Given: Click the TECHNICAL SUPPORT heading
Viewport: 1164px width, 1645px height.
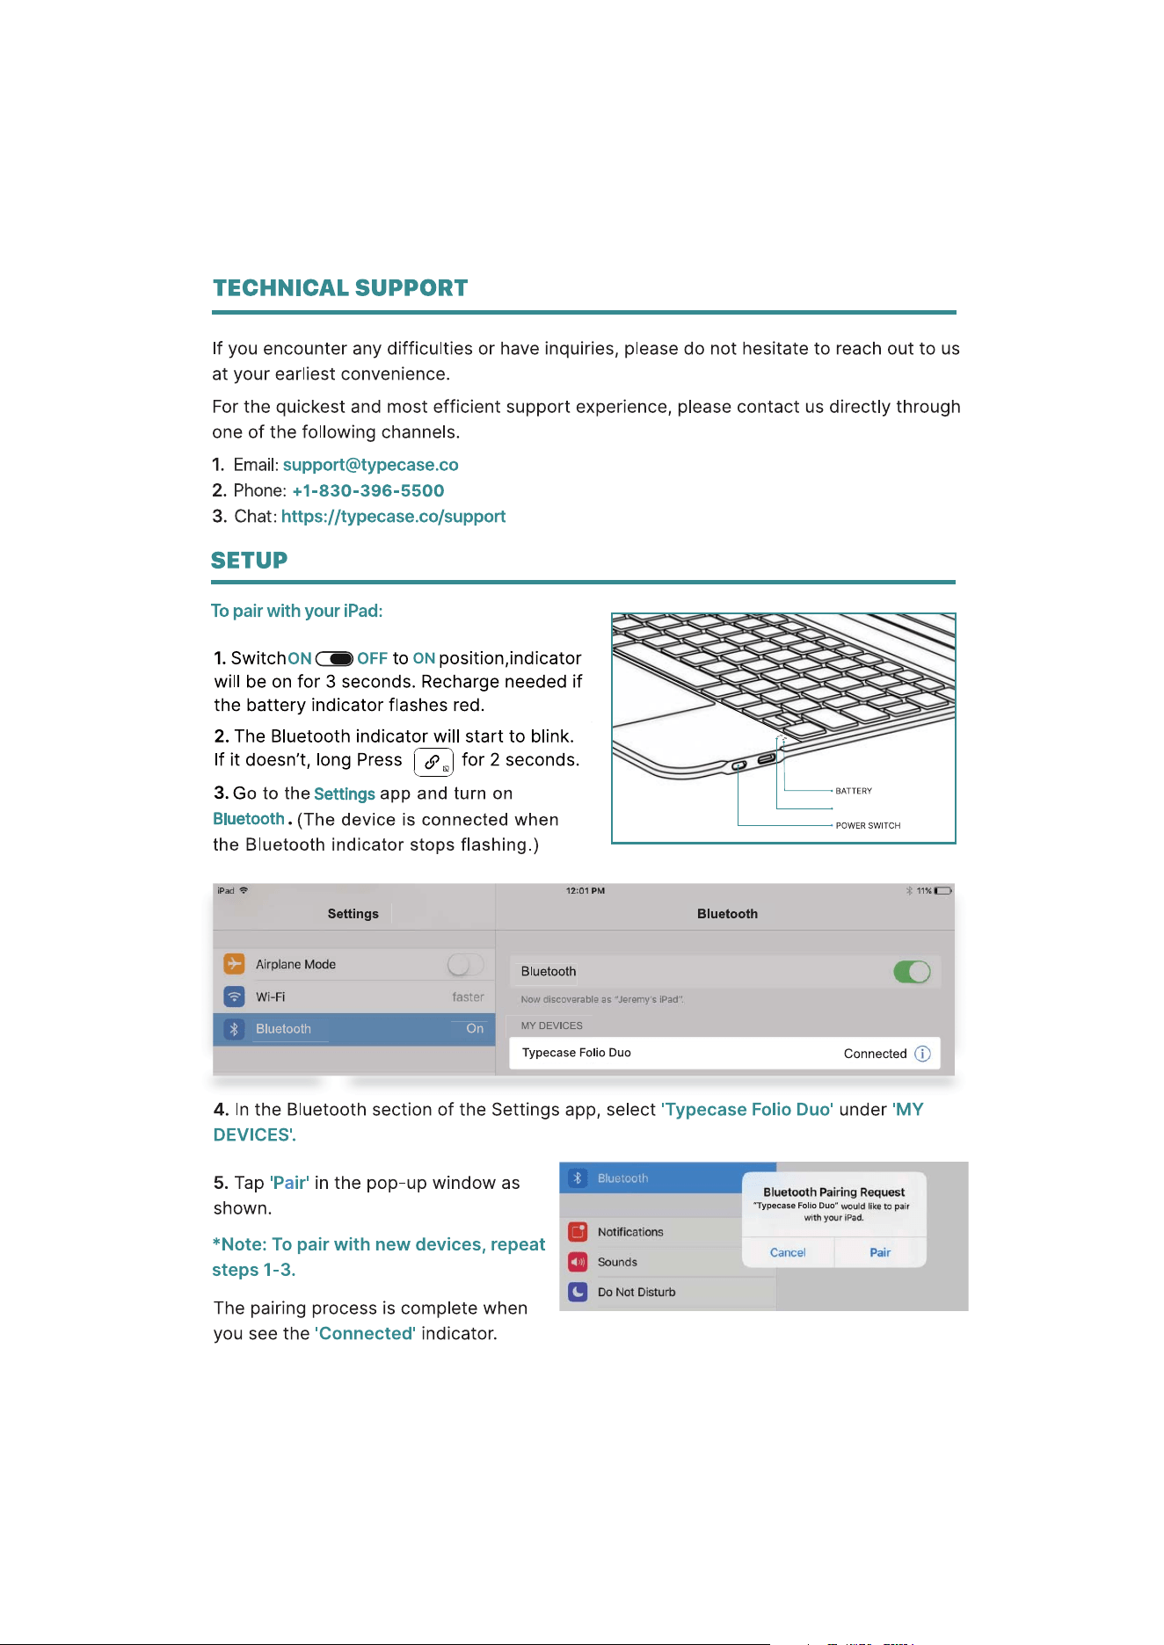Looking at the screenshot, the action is pyautogui.click(x=340, y=288).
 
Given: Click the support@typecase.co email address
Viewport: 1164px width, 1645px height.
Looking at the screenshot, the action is pyautogui.click(x=370, y=465).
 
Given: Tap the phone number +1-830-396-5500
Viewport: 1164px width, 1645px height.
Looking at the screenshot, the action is pyautogui.click(x=367, y=490).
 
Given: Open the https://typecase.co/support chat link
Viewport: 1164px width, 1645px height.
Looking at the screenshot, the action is pyautogui.click(x=393, y=517).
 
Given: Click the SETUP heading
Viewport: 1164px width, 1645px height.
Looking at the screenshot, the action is pyautogui.click(x=249, y=561).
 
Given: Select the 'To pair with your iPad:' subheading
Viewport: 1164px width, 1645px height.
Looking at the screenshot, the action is pyautogui.click(x=297, y=611).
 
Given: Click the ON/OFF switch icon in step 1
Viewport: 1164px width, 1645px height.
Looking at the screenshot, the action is pyautogui.click(x=334, y=659).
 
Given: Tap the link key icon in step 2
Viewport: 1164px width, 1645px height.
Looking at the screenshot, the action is pyautogui.click(x=433, y=762).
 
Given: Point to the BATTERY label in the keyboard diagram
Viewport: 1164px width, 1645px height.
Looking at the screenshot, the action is pyautogui.click(x=854, y=791).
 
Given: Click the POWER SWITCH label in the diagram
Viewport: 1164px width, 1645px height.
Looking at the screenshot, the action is pyautogui.click(x=868, y=825).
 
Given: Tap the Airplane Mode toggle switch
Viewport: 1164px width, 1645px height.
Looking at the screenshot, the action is pyautogui.click(x=465, y=965).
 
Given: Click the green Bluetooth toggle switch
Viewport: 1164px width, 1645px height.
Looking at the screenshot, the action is pyautogui.click(x=912, y=972).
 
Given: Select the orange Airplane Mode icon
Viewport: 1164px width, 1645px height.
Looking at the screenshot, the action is pyautogui.click(x=234, y=964).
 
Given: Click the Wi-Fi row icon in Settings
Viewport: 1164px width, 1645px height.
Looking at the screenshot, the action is pyautogui.click(x=234, y=996).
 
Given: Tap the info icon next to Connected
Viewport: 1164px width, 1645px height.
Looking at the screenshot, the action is pyautogui.click(x=922, y=1054).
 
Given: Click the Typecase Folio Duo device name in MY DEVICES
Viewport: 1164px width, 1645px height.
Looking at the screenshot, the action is pyautogui.click(x=577, y=1053).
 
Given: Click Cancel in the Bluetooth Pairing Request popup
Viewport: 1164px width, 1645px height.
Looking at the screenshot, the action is pyautogui.click(x=788, y=1252).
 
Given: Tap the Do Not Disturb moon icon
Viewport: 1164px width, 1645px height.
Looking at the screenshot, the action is pyautogui.click(x=578, y=1292).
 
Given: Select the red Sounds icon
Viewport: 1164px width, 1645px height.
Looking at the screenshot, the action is pyautogui.click(x=578, y=1262).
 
